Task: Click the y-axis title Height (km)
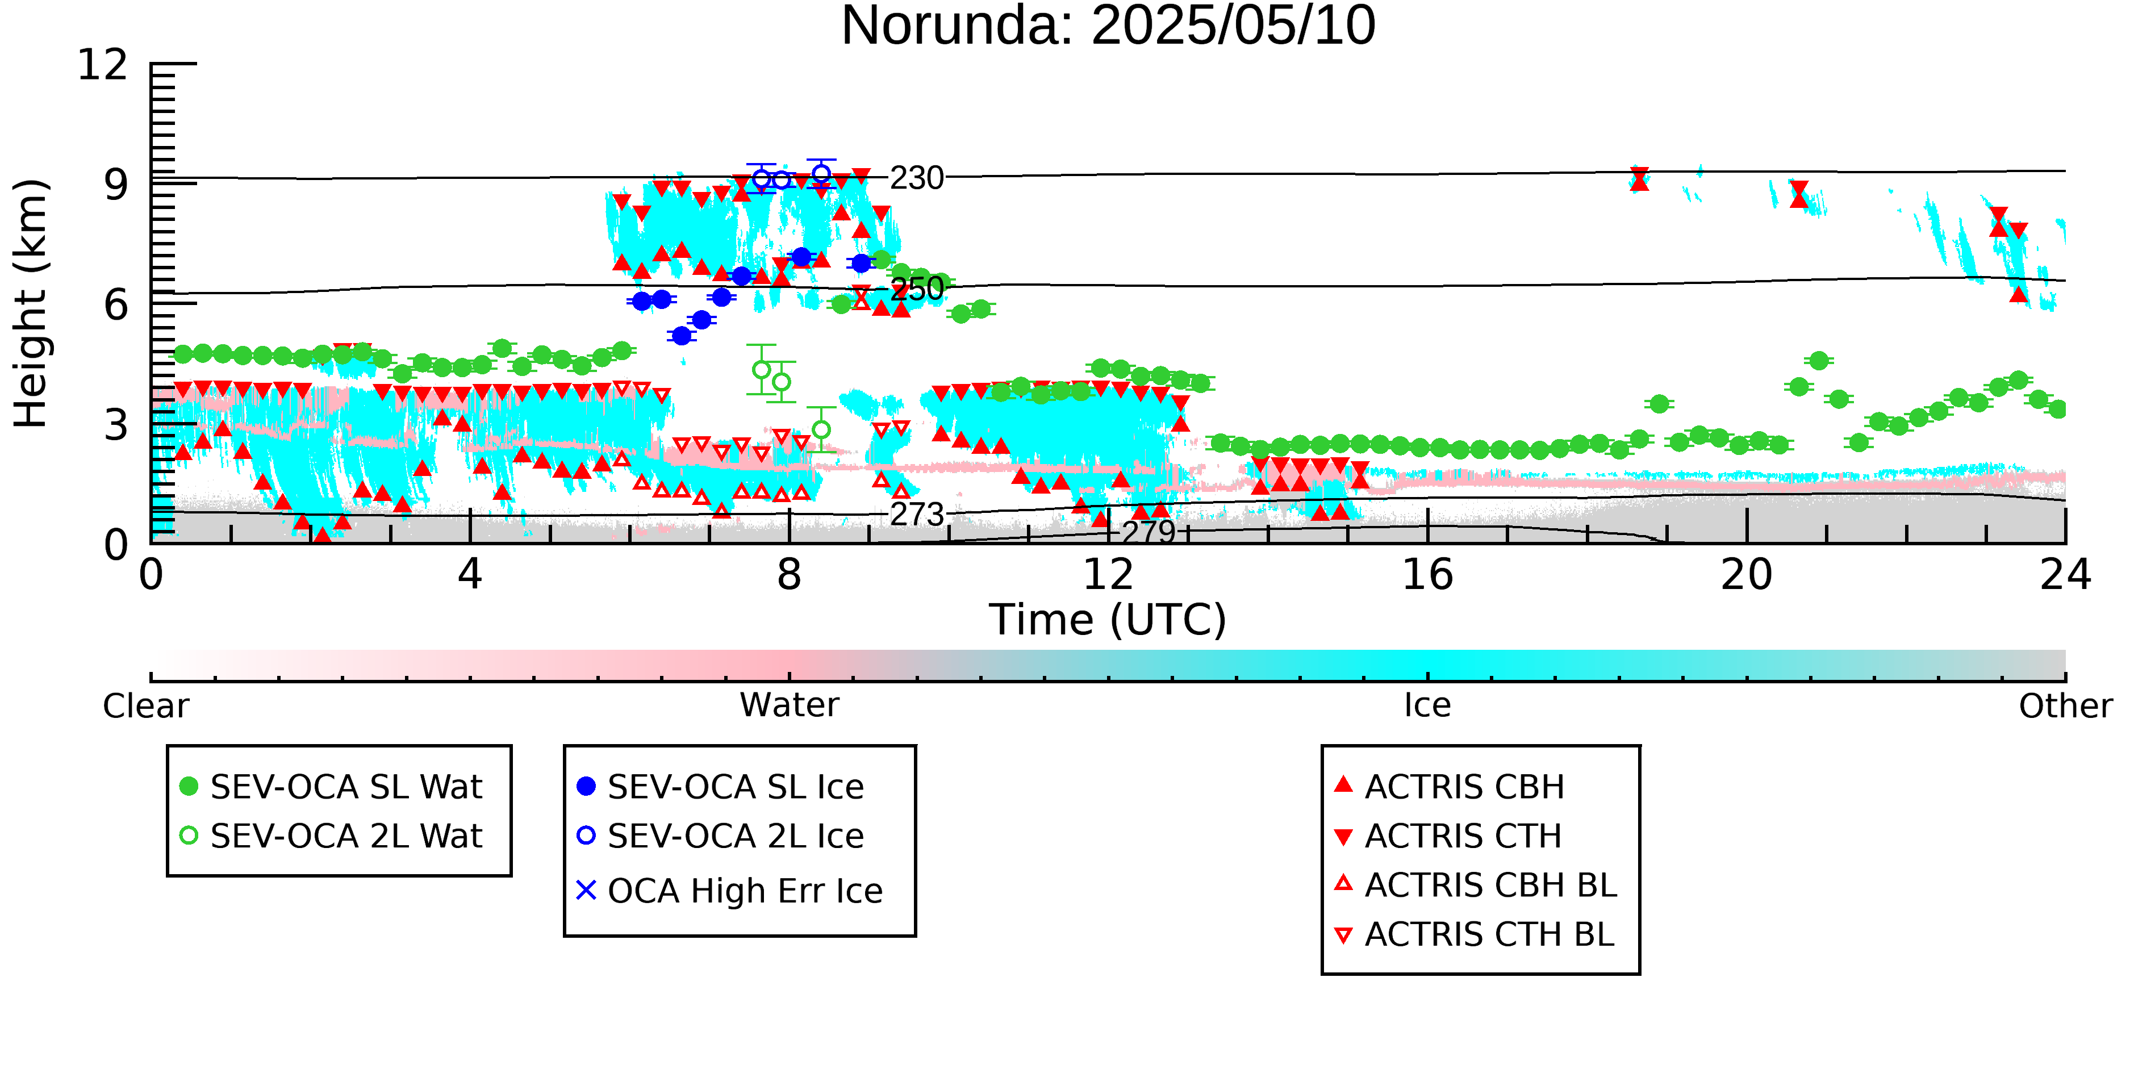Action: (31, 303)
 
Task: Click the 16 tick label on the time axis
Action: (1427, 575)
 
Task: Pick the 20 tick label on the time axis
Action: (1747, 575)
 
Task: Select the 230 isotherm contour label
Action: (916, 178)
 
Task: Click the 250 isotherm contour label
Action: (916, 289)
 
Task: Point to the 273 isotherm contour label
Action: (916, 514)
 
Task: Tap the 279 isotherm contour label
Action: (1148, 531)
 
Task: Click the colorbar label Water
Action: (789, 705)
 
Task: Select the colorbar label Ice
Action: (1427, 705)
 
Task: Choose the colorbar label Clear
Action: (145, 705)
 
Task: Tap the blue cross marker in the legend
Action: (586, 891)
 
